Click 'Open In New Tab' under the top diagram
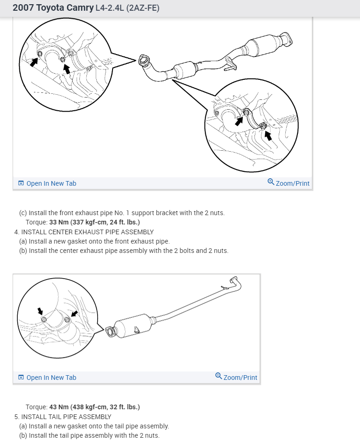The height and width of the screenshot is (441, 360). (x=51, y=183)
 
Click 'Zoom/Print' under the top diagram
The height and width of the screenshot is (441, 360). (x=292, y=183)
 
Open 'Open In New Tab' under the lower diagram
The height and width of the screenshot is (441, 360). (x=51, y=378)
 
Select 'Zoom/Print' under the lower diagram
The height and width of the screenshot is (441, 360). (x=240, y=378)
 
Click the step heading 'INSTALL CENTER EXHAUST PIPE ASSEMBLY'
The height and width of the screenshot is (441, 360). (x=87, y=231)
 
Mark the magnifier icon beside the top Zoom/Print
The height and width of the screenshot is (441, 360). (x=271, y=182)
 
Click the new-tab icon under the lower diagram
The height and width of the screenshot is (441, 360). (x=21, y=378)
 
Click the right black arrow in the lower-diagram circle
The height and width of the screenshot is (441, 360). (x=74, y=313)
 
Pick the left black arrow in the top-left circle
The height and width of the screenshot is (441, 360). (x=34, y=62)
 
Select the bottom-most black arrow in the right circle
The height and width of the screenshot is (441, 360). (x=268, y=135)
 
